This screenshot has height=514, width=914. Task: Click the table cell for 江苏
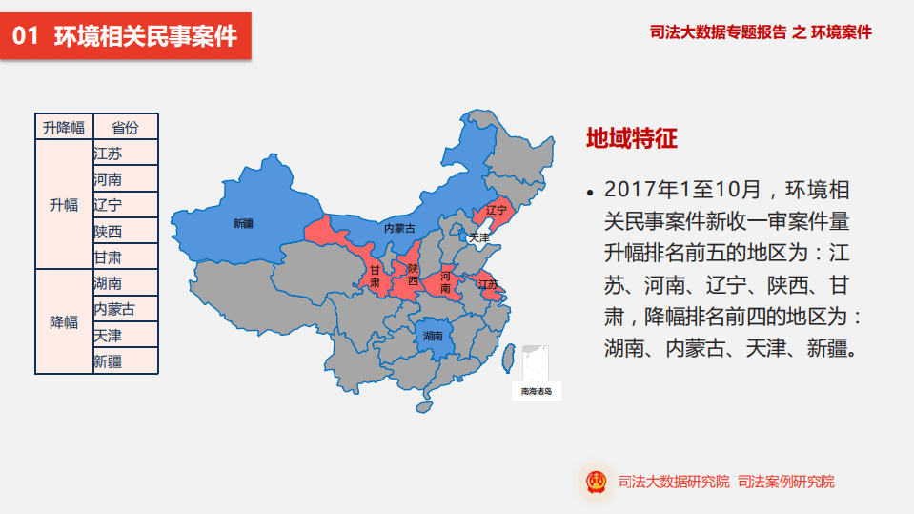(125, 153)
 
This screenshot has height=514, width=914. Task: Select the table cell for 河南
(125, 179)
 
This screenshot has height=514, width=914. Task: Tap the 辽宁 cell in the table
(125, 205)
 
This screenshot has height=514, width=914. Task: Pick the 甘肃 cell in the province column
(125, 257)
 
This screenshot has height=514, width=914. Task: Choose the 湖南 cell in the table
(125, 283)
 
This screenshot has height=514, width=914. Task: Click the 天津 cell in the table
(125, 336)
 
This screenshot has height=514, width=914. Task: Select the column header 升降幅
(64, 128)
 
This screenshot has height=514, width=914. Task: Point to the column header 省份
(125, 128)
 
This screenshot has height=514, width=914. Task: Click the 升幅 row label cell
(64, 205)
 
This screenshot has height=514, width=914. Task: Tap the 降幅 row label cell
(64, 322)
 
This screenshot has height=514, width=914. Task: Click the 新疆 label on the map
(243, 224)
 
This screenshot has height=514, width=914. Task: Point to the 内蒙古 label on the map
(399, 229)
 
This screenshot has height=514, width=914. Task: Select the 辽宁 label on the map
(497, 210)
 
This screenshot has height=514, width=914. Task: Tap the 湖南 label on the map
(433, 336)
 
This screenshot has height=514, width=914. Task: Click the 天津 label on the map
(478, 237)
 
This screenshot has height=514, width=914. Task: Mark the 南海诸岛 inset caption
(536, 391)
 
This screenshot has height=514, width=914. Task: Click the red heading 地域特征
(631, 139)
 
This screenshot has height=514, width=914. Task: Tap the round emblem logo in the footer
(596, 482)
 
